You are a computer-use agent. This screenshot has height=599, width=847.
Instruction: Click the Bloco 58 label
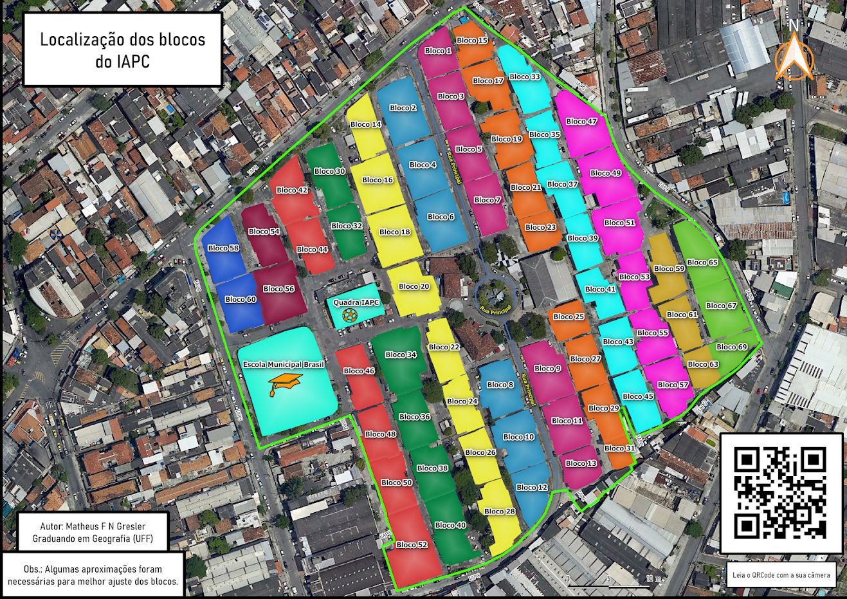223,248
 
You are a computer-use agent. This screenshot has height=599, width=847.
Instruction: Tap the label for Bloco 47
581,121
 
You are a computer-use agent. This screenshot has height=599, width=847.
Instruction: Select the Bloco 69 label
731,347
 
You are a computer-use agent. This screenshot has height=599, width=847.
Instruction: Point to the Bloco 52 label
412,544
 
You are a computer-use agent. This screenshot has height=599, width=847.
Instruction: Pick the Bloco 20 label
414,286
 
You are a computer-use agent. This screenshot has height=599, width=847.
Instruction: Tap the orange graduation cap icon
285,383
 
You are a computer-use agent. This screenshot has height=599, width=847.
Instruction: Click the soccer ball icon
351,315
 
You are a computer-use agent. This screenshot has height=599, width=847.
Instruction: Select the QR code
780,493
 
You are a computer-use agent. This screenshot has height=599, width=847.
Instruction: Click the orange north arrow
794,57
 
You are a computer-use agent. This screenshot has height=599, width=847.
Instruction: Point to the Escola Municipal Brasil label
283,364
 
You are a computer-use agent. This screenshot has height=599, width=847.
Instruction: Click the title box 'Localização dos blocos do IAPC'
123,50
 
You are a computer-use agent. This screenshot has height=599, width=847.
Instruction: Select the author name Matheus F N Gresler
93,526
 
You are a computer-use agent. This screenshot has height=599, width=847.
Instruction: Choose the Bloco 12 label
532,487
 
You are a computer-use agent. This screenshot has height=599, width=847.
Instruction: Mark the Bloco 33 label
524,76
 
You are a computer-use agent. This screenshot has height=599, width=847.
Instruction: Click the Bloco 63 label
702,364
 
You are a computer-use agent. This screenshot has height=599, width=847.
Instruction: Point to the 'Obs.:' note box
93,575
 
